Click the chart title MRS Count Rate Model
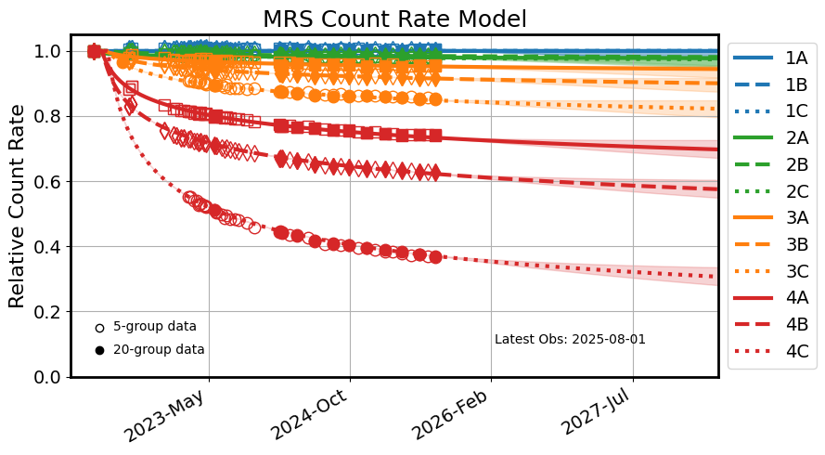tap(394, 19)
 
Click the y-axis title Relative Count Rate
tap(17, 207)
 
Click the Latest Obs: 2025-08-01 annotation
tap(570, 340)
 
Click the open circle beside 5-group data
tap(99, 327)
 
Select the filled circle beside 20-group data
tap(99, 350)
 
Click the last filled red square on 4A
tap(434, 135)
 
